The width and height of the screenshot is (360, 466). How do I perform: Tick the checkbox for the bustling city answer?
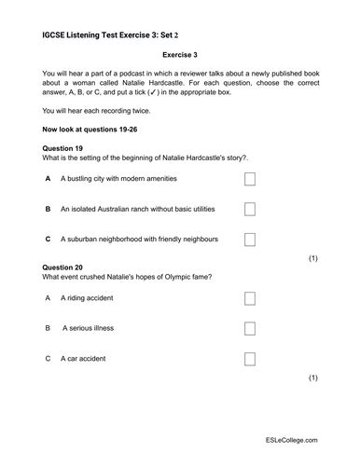click(x=249, y=180)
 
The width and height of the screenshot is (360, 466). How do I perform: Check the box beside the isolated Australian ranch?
click(x=249, y=210)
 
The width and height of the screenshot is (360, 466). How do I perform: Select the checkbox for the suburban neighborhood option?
click(x=249, y=240)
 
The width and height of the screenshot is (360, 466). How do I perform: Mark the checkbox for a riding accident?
click(x=249, y=299)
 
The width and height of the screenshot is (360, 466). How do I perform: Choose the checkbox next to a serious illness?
click(x=249, y=329)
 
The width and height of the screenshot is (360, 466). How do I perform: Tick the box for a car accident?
click(x=249, y=359)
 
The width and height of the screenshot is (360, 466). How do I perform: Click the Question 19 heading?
click(x=64, y=148)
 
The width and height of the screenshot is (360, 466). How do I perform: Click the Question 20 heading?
click(x=64, y=267)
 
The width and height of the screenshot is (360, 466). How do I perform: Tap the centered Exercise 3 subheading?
click(x=180, y=55)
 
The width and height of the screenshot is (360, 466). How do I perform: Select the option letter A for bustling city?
click(x=48, y=180)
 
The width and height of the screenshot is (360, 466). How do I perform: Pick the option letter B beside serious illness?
click(x=48, y=329)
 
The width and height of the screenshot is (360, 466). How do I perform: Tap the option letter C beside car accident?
click(x=48, y=359)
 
